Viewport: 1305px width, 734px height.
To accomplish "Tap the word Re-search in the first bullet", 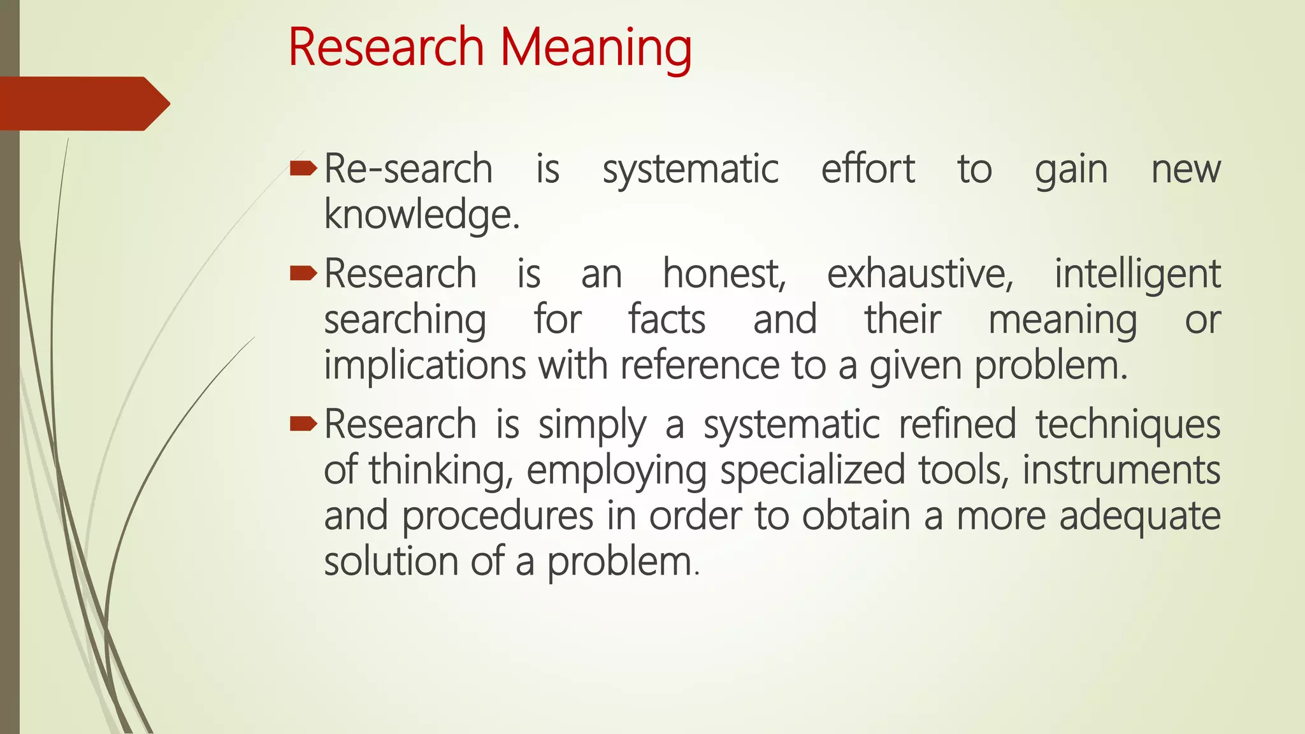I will [x=408, y=169].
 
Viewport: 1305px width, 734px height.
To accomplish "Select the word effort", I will [x=868, y=169].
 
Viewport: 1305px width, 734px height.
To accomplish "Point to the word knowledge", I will [x=421, y=215].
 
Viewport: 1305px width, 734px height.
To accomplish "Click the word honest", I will [x=725, y=275].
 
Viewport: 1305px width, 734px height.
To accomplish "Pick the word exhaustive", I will [x=920, y=275].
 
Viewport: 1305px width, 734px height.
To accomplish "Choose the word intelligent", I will [x=1137, y=275].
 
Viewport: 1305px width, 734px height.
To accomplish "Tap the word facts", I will [x=667, y=320].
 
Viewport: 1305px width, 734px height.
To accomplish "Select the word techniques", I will [x=1128, y=425].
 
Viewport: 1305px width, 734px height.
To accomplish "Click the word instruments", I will [x=1121, y=471].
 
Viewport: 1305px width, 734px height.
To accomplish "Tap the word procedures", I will [x=497, y=516].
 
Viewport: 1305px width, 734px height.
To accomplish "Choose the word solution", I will [x=391, y=562].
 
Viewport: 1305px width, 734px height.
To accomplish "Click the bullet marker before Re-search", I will [x=303, y=169].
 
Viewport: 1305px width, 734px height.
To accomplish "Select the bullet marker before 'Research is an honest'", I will [x=303, y=274].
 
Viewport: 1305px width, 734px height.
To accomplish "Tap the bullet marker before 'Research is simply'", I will [x=303, y=424].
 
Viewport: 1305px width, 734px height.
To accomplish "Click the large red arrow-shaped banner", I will [x=83, y=104].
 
